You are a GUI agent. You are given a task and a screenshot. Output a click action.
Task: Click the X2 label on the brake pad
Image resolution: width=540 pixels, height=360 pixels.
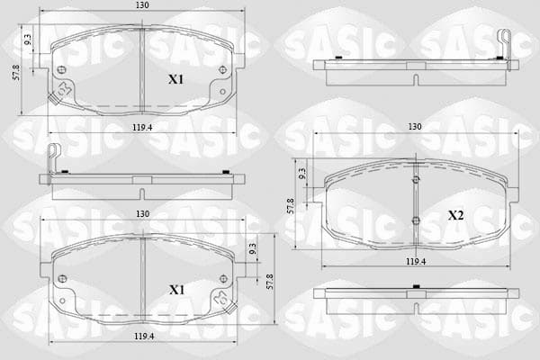(455, 216)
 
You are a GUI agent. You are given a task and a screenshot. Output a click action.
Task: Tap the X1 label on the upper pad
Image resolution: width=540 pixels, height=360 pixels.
(175, 79)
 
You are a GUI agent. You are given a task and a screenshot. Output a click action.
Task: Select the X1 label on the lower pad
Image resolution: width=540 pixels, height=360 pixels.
(176, 290)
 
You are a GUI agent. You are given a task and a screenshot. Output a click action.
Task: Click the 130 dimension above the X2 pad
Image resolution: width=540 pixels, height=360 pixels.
(415, 127)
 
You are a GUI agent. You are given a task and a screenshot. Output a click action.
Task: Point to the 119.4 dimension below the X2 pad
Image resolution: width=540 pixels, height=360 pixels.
(416, 262)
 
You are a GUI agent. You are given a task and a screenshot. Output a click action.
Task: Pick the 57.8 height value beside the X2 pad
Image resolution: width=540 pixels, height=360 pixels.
(291, 206)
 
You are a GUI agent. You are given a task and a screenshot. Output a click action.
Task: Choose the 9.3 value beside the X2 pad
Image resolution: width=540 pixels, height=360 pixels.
(301, 174)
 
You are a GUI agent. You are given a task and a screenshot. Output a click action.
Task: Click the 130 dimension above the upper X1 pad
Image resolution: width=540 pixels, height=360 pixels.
(142, 5)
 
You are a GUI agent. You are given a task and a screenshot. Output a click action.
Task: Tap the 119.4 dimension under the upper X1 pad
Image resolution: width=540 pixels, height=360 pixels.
(142, 128)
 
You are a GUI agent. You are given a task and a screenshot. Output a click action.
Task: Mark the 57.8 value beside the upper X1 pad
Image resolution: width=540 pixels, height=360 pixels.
(16, 72)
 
